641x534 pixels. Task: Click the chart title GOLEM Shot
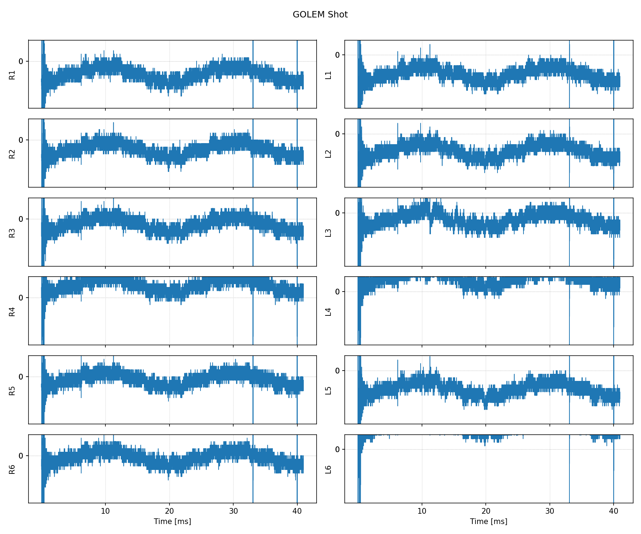click(x=320, y=15)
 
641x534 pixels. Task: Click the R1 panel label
click(x=12, y=75)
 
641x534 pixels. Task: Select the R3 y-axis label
click(x=12, y=233)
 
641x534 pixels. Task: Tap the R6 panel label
click(x=12, y=470)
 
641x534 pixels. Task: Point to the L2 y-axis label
click(x=328, y=154)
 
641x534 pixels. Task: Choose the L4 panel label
click(x=328, y=311)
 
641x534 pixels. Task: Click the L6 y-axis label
click(x=328, y=470)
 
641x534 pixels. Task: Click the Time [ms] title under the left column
click(x=172, y=522)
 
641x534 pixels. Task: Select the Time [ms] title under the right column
click(x=489, y=522)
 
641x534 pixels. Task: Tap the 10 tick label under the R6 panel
click(x=105, y=511)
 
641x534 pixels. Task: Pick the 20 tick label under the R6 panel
click(x=169, y=511)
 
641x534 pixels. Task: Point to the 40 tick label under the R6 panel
click(x=297, y=511)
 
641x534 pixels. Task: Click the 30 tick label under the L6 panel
click(x=549, y=511)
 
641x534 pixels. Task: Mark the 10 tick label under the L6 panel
click(x=422, y=511)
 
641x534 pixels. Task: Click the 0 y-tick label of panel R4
click(x=21, y=298)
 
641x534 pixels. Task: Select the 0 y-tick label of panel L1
click(x=337, y=55)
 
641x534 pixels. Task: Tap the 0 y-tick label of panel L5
click(x=337, y=371)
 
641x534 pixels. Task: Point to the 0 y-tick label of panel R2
click(x=21, y=140)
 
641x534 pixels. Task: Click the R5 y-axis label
click(x=12, y=391)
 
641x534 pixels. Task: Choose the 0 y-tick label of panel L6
click(x=337, y=450)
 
